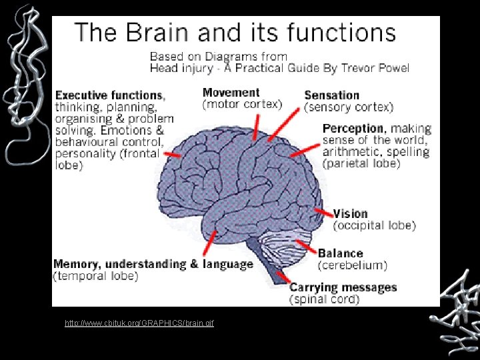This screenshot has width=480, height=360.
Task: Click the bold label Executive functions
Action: (x=109, y=95)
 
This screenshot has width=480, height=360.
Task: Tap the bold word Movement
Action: (x=231, y=93)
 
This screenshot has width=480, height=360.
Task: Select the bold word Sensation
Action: (x=331, y=95)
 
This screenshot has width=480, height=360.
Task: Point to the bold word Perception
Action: (x=353, y=128)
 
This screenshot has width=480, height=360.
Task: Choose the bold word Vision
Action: (x=351, y=213)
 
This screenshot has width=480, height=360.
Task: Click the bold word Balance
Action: (x=340, y=253)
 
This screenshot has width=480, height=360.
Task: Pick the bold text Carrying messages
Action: (x=343, y=288)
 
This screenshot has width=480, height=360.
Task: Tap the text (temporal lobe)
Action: (x=95, y=276)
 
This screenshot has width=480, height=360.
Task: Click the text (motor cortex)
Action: (x=242, y=105)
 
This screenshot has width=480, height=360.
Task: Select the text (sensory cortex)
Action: (x=349, y=107)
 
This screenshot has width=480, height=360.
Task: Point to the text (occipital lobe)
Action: (x=375, y=226)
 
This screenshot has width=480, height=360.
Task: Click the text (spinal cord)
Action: (x=324, y=300)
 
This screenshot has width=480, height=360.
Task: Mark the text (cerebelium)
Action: (x=352, y=265)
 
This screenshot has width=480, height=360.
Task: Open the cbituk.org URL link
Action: (x=139, y=323)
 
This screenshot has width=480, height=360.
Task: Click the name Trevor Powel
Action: (x=375, y=68)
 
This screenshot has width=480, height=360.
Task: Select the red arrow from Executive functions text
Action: (x=173, y=154)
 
